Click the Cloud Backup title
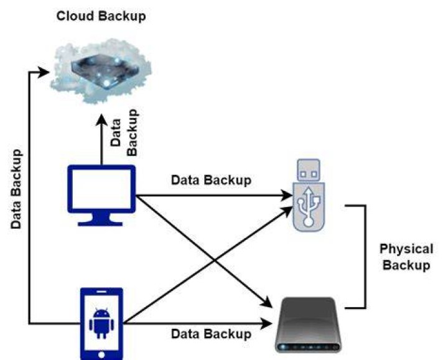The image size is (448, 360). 101,16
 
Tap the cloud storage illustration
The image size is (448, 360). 101,72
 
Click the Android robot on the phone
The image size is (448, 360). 101,323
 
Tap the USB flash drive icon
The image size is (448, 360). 309,195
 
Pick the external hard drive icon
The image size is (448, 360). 308,325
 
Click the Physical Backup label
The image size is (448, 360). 406,257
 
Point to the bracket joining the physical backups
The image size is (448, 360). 365,257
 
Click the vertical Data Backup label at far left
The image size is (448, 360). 16,189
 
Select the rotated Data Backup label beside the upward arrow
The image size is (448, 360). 124,133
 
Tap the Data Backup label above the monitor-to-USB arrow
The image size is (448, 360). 211,180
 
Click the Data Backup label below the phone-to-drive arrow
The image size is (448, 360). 211,334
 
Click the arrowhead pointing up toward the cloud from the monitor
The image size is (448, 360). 101,120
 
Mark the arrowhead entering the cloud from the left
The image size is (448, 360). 44,72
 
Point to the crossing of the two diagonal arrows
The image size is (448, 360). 214,260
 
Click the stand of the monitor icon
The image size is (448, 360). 101,219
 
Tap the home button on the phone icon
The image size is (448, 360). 101,355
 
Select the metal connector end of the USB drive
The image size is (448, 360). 309,170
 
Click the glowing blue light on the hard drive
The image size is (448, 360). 283,347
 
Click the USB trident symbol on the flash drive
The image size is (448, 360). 308,206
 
